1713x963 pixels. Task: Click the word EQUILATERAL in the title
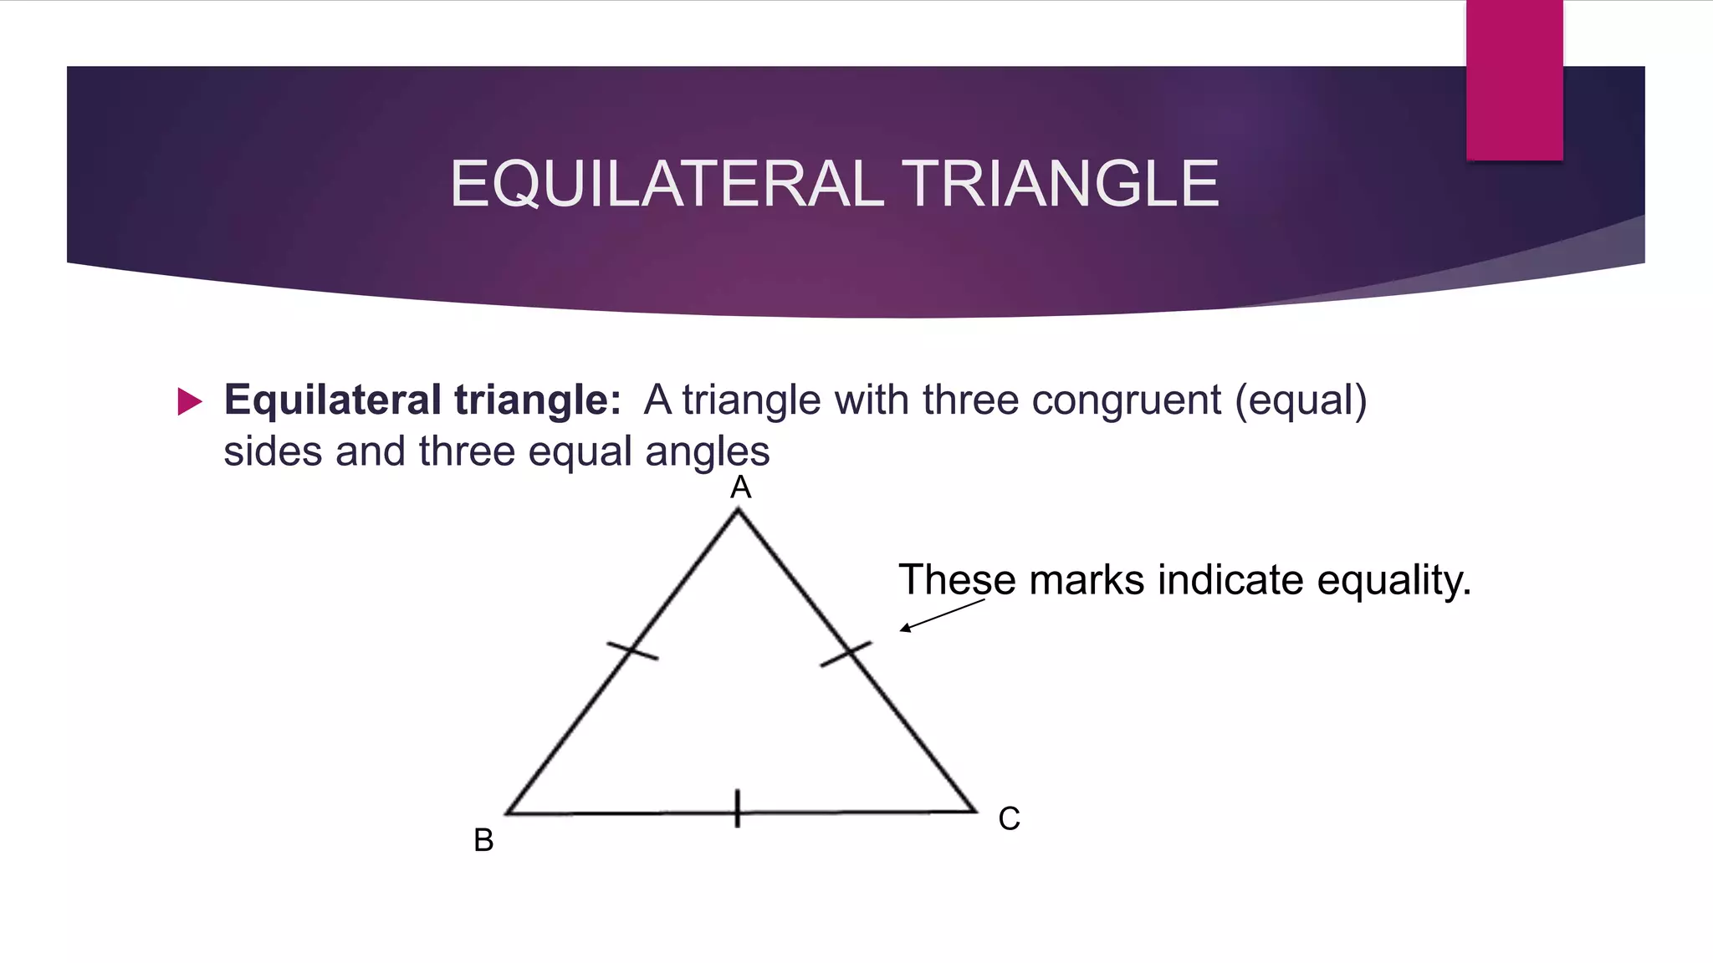coord(667,184)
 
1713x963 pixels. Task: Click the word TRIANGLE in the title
coord(1060,184)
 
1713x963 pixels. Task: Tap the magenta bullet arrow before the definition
coord(190,402)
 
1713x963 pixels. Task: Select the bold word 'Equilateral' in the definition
coord(332,400)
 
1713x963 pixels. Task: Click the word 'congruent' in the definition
coord(1126,400)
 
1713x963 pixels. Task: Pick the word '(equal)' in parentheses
coord(1301,400)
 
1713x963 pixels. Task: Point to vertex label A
coord(740,487)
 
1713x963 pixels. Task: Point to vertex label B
coord(483,840)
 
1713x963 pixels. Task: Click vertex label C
coord(1009,818)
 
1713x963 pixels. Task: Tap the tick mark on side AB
coord(632,650)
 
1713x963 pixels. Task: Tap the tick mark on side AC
coord(846,654)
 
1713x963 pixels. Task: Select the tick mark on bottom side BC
coord(737,808)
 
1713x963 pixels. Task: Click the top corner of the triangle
coord(738,512)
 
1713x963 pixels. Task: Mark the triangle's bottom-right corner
coord(974,810)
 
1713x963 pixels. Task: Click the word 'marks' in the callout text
coord(1086,580)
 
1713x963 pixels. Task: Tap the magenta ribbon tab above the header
coord(1514,79)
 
